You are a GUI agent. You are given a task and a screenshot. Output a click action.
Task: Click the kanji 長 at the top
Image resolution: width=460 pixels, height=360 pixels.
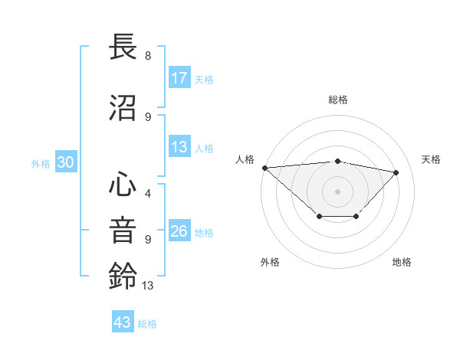(123, 47)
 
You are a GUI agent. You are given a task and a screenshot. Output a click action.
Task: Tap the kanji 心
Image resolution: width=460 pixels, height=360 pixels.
(123, 185)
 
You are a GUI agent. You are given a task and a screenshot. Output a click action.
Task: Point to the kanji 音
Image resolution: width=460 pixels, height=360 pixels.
(123, 230)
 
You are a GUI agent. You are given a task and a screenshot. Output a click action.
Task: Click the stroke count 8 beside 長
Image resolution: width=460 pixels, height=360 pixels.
(148, 56)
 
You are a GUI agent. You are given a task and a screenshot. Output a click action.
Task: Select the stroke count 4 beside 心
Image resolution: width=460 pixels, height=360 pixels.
(148, 194)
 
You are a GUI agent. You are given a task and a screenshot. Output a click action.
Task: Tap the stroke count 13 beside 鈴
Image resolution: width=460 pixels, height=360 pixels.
(148, 286)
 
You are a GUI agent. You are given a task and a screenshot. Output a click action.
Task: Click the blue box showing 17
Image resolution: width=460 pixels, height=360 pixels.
(179, 78)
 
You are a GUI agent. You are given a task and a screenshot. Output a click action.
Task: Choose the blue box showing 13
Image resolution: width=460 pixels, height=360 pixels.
(179, 147)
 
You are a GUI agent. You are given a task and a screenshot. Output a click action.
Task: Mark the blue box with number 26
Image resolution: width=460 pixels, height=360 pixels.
(179, 231)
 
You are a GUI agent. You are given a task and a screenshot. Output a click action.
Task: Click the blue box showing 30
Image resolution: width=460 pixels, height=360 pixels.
(65, 162)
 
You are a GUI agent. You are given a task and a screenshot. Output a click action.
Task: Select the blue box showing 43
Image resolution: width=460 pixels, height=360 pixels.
(123, 322)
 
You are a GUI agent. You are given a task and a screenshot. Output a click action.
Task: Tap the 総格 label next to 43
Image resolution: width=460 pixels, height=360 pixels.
(147, 324)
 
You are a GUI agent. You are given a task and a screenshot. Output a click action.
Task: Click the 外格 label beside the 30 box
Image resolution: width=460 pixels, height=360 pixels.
(41, 164)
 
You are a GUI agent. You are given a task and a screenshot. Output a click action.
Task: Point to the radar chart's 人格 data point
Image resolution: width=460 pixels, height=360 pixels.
(264, 168)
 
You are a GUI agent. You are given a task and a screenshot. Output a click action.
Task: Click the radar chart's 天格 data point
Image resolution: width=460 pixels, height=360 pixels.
(396, 173)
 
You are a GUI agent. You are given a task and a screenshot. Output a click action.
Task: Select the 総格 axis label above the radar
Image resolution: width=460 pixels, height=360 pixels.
(337, 100)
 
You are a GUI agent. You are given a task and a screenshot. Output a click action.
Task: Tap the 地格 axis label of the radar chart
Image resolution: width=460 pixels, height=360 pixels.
(402, 263)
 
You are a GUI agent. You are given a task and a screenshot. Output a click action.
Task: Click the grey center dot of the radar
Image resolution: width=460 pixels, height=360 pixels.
(337, 191)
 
